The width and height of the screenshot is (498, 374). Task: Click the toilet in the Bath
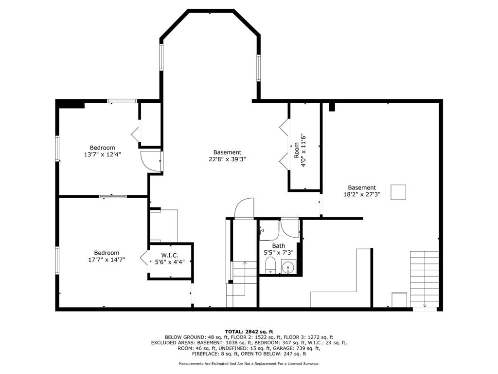point(270,265)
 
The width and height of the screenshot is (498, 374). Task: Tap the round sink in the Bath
point(288,266)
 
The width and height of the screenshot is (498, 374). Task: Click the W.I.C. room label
point(170,255)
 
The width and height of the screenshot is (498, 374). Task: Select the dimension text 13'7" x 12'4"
point(102,154)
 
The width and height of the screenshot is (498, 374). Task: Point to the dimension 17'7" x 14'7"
point(107,260)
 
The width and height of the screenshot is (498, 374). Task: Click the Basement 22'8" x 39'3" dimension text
point(227,159)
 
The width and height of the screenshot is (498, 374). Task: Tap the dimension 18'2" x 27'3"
point(362,194)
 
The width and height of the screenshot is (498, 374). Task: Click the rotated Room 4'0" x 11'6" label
point(300,150)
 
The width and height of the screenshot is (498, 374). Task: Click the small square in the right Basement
point(398,192)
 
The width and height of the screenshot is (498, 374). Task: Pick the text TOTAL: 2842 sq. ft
point(249,332)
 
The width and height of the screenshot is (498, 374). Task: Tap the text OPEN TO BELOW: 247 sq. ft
point(273,354)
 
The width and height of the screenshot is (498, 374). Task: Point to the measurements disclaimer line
point(249,363)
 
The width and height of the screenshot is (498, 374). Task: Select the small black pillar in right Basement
point(332,107)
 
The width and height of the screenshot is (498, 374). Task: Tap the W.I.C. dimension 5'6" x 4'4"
point(170,262)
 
